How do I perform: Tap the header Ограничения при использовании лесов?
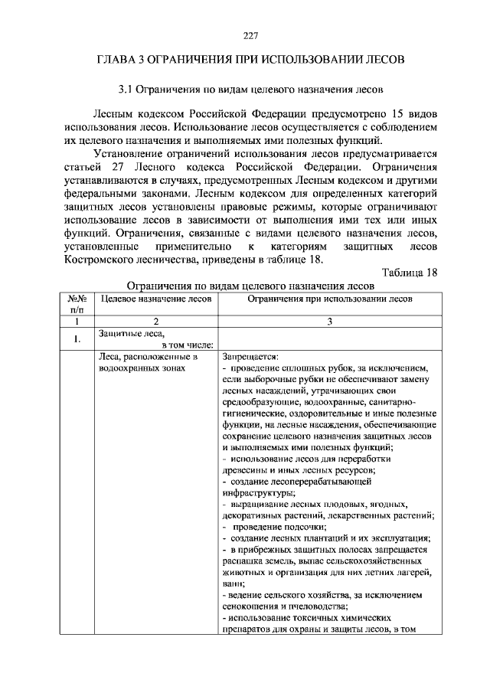(329, 299)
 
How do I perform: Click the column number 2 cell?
(155, 322)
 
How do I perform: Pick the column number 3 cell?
(329, 322)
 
